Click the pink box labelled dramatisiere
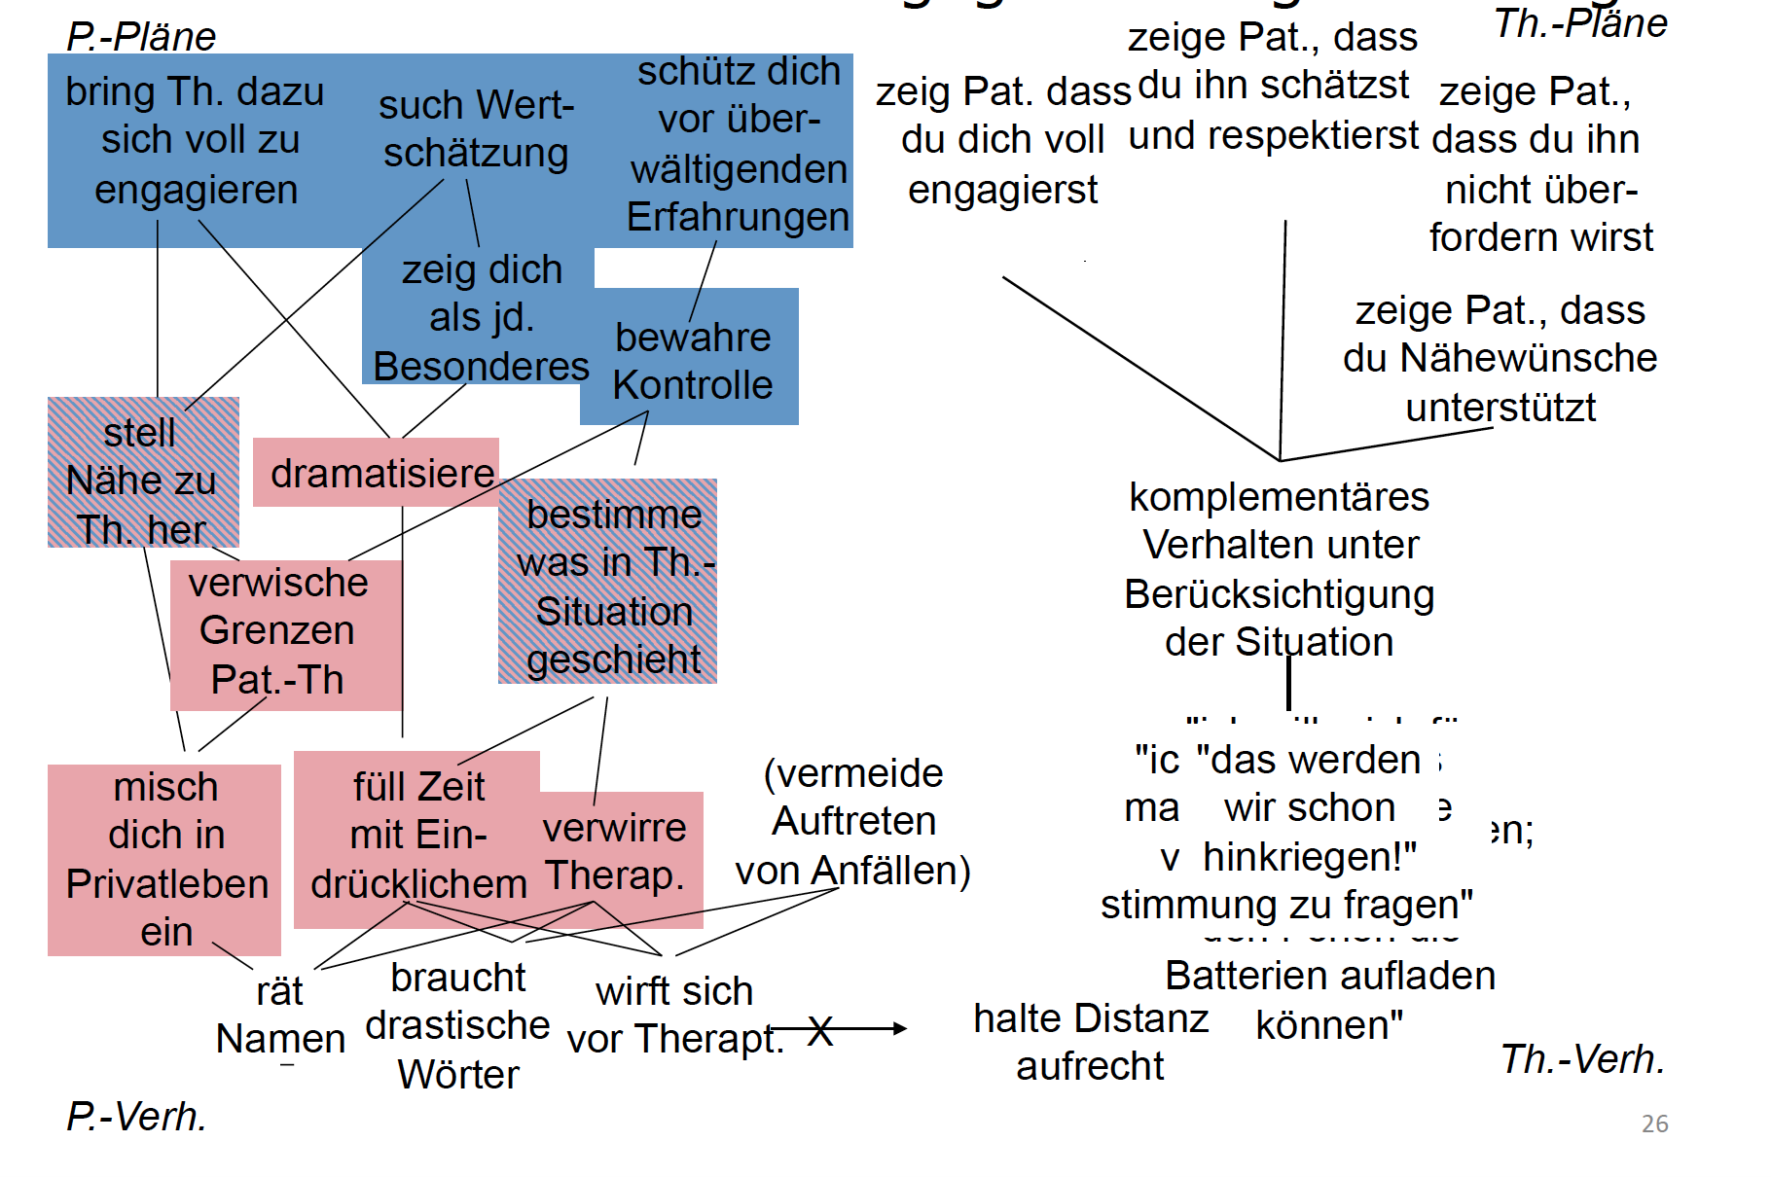point(381,474)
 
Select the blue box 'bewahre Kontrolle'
point(692,361)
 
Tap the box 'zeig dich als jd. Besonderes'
point(481,318)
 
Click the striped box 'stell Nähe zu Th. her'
point(142,481)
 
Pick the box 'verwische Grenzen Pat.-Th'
point(278,631)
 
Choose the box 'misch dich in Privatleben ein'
point(166,859)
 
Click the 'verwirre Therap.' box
point(614,852)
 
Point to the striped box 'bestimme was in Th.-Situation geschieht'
point(613,587)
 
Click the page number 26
point(1654,1123)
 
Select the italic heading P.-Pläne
point(141,37)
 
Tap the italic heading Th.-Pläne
point(1580,23)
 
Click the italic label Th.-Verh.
point(1582,1059)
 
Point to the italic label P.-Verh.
point(136,1117)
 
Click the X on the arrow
point(820,1030)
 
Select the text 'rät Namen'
point(280,1016)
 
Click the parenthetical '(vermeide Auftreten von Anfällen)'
point(853,822)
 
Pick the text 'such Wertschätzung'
point(476,128)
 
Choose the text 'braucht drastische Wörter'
point(458,1025)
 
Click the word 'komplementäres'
point(1279,497)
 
